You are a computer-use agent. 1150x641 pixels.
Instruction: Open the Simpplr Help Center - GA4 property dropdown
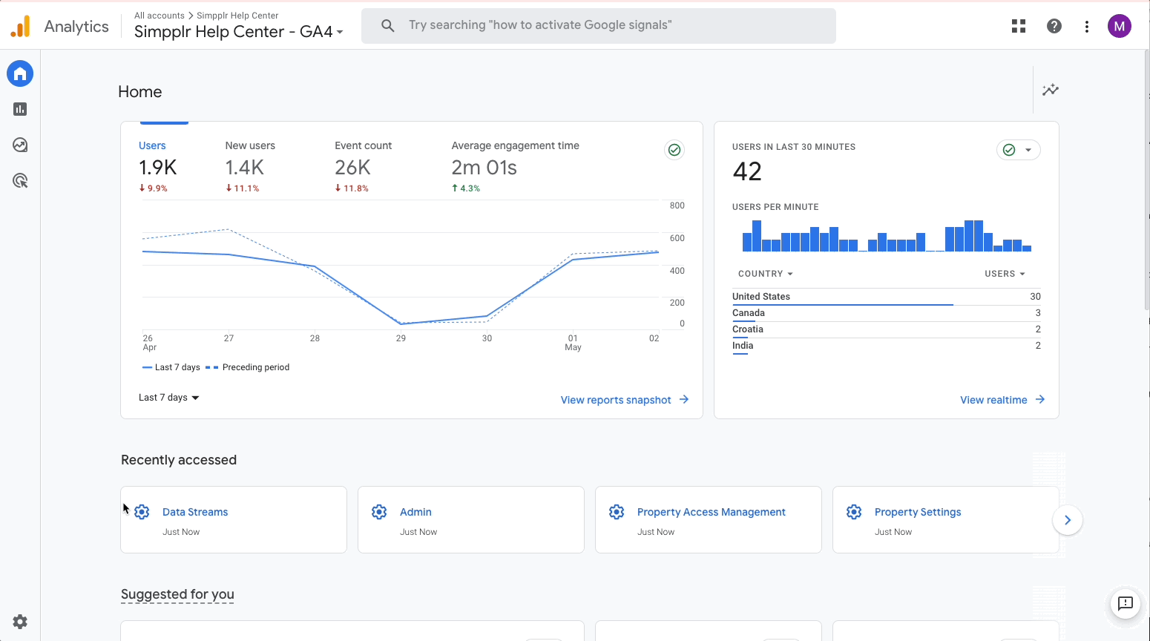238,32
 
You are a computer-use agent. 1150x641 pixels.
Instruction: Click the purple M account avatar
1119,26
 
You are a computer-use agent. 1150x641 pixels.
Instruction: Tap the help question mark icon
1054,26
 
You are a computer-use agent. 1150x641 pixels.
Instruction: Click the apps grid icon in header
1019,26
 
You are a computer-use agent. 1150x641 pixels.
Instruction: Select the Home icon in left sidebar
20,73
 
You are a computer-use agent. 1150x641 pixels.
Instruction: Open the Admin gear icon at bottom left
20,622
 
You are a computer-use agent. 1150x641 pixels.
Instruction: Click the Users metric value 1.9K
158,168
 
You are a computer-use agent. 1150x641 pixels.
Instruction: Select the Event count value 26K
352,168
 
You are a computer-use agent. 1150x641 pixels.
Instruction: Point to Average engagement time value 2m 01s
484,168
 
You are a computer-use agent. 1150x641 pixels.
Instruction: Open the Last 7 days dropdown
168,398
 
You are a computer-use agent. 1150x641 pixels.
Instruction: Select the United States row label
761,297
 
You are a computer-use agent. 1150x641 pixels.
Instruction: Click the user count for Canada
1037,313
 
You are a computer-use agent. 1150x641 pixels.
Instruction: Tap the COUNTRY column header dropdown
765,274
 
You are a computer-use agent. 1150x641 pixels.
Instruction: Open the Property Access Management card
711,512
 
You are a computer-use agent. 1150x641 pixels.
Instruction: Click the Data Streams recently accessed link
195,512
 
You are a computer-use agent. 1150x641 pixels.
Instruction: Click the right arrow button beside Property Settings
1067,520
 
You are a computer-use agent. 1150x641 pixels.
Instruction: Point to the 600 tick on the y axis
677,238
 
